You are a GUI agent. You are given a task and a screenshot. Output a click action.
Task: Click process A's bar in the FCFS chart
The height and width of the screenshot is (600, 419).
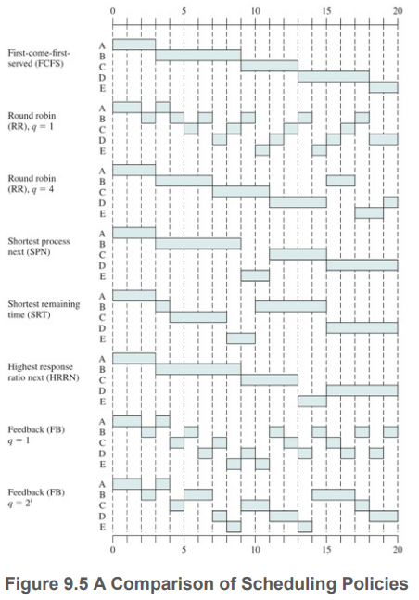[x=133, y=45]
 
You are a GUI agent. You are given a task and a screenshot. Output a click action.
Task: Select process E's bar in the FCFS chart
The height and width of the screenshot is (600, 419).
[x=384, y=87]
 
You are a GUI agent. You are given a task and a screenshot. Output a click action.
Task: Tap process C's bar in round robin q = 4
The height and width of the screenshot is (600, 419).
[x=241, y=191]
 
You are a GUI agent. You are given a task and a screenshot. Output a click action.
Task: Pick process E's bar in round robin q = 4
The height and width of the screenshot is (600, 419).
[x=369, y=212]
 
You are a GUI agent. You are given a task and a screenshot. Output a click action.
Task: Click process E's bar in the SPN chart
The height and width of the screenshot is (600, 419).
[x=255, y=275]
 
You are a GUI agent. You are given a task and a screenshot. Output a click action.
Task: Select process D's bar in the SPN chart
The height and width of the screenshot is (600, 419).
[x=362, y=265]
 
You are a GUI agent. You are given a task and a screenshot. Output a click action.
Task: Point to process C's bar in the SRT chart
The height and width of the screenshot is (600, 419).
[x=198, y=317]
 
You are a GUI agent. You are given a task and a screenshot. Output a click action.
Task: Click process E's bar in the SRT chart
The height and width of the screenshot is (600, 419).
[x=241, y=338]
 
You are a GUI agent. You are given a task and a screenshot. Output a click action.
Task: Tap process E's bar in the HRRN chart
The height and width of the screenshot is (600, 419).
[x=312, y=401]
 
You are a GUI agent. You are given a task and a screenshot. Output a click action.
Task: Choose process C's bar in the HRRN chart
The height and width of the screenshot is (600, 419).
[x=270, y=379]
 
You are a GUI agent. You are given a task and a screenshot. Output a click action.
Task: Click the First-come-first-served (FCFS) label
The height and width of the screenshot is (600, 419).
[x=39, y=58]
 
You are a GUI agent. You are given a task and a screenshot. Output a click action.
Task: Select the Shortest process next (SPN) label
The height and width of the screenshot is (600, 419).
[x=39, y=247]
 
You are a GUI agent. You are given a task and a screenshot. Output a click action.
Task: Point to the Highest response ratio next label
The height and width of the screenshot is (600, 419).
[x=44, y=372]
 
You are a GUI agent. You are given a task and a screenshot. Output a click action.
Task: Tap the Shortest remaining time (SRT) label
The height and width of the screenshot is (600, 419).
[x=44, y=309]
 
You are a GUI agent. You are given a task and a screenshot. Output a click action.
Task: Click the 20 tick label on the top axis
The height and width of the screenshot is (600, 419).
[x=398, y=11]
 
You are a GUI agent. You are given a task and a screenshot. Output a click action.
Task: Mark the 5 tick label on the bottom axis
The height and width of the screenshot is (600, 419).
[x=184, y=550]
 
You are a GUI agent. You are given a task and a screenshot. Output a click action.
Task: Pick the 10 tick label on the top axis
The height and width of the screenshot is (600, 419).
[x=255, y=11]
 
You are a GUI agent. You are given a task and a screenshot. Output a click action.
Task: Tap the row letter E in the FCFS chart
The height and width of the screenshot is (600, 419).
[x=102, y=88]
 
